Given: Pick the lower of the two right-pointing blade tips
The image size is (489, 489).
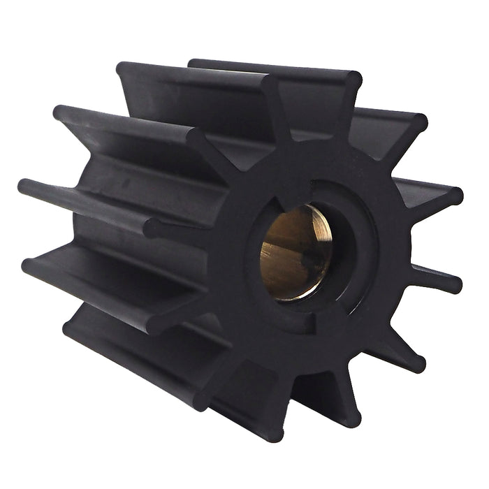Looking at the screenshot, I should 453,282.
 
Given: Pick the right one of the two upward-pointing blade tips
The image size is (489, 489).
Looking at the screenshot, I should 352,81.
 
